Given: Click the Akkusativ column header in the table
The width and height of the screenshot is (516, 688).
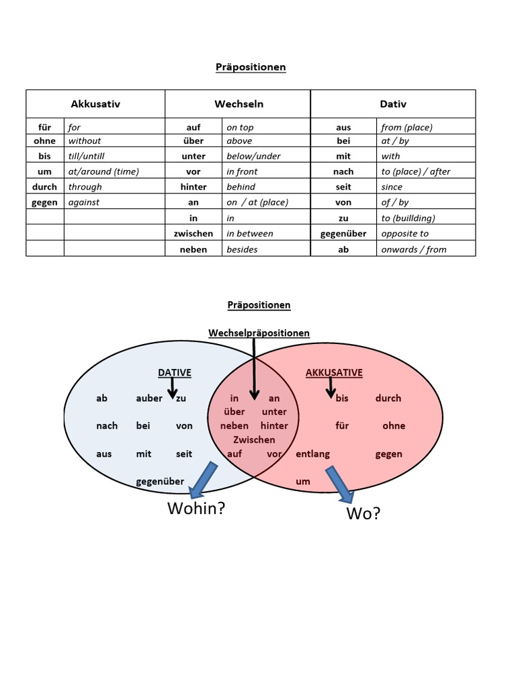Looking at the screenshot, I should pyautogui.click(x=95, y=104).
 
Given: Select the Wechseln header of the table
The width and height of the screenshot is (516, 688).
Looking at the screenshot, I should pyautogui.click(x=239, y=104).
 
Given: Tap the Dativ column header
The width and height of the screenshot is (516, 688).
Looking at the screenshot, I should pyautogui.click(x=393, y=104).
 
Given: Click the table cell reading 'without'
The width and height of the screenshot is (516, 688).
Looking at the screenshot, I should pyautogui.click(x=85, y=141).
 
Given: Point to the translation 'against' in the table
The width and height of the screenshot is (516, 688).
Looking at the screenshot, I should pyautogui.click(x=84, y=202).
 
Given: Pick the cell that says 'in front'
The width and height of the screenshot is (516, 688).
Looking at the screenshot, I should pyautogui.click(x=242, y=171).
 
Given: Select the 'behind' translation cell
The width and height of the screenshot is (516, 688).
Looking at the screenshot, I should pyautogui.click(x=241, y=187).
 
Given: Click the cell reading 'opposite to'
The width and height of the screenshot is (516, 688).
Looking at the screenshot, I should pyautogui.click(x=404, y=234).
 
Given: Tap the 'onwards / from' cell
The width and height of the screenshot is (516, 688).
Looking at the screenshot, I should pyautogui.click(x=413, y=249).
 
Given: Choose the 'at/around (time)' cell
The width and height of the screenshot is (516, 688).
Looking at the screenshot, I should pyautogui.click(x=103, y=171).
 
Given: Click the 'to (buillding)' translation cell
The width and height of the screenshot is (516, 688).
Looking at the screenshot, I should pyautogui.click(x=408, y=218).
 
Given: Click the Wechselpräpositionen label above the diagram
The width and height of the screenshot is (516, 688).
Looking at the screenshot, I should pyautogui.click(x=259, y=333).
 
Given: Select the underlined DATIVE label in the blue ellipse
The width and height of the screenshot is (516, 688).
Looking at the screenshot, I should pyautogui.click(x=174, y=372).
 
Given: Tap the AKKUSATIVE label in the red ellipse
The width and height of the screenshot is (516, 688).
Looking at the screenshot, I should pyautogui.click(x=334, y=372).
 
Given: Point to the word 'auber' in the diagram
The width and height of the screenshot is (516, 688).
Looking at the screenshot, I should pyautogui.click(x=149, y=398).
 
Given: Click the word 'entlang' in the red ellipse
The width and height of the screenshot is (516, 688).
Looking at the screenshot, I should pyautogui.click(x=312, y=454).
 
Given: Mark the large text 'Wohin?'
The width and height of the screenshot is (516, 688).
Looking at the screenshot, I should pyautogui.click(x=196, y=509).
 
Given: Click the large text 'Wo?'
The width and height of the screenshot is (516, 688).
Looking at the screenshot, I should pyautogui.click(x=363, y=514).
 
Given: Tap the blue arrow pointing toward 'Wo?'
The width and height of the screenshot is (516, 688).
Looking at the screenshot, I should pyautogui.click(x=340, y=484).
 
